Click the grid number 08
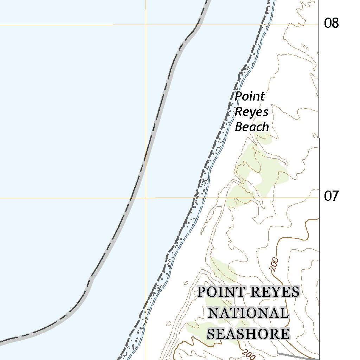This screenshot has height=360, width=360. [x=331, y=24]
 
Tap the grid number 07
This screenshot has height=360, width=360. [x=331, y=196]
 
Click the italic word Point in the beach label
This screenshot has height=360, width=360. [x=250, y=96]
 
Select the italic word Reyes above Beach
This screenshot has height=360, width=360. [x=251, y=112]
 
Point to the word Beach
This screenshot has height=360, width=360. [x=252, y=127]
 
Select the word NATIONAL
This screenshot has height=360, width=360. [x=249, y=313]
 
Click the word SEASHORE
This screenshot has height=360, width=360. [x=248, y=334]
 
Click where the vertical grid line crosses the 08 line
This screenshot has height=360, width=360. [x=146, y=25]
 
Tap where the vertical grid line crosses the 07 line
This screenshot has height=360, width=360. [x=146, y=198]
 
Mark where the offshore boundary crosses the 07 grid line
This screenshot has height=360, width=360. [x=131, y=198]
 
